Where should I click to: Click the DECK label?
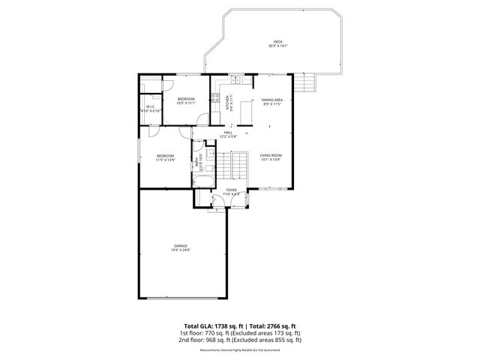(x=277, y=41)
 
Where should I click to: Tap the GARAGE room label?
(x=181, y=245)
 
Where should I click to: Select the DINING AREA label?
(x=271, y=100)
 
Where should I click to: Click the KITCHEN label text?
(x=228, y=103)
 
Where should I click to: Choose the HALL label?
(x=228, y=132)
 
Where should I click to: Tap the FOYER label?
(x=231, y=190)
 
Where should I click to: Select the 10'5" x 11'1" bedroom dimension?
(x=185, y=103)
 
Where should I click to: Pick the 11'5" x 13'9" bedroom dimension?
(x=165, y=160)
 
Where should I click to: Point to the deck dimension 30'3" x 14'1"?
(x=277, y=46)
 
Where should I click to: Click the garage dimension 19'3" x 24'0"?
(x=181, y=250)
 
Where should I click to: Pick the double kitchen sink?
(x=235, y=79)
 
